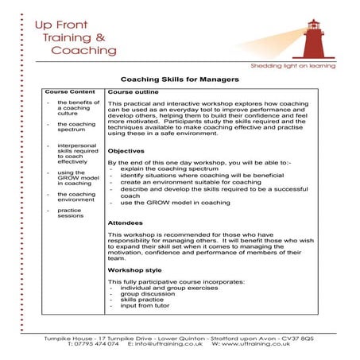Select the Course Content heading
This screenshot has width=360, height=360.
point(70,91)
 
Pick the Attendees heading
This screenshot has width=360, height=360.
point(126,223)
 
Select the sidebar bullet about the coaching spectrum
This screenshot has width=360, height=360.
point(75,127)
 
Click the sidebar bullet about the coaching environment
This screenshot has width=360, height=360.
point(76,197)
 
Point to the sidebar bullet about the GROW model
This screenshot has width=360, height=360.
point(75,177)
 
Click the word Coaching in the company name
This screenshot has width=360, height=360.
point(83,51)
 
